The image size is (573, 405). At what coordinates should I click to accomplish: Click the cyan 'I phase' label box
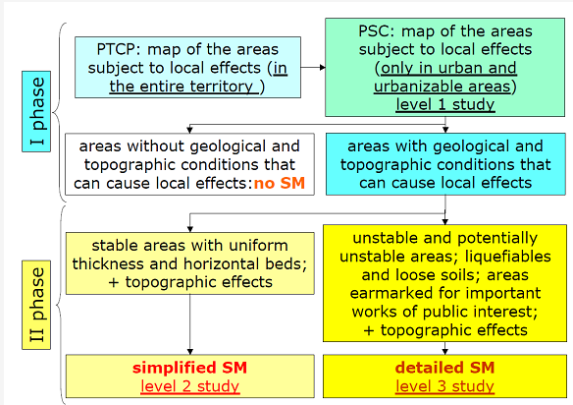(36, 111)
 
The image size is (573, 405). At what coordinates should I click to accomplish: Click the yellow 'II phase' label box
(36, 305)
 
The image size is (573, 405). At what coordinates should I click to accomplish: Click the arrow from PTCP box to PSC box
(313, 68)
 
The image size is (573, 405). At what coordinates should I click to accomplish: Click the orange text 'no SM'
(280, 183)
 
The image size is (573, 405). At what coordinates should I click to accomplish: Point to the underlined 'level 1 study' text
(445, 105)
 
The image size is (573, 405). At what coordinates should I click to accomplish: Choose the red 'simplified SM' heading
(190, 368)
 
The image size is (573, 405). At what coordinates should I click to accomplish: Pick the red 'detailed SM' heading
(444, 368)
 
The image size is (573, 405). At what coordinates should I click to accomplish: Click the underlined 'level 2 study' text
(190, 386)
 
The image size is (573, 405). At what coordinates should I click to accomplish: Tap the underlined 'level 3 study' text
(444, 386)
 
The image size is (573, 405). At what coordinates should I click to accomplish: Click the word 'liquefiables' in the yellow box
(508, 257)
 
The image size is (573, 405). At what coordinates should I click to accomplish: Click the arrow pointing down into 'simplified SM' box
(190, 324)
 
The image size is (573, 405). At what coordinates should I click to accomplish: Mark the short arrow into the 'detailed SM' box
(444, 348)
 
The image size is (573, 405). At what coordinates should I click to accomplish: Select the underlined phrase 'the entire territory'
(182, 87)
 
